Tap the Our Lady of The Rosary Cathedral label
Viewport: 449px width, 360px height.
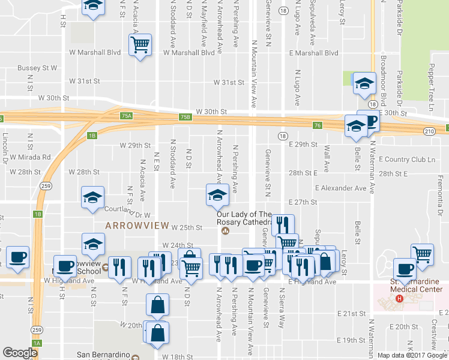(244, 218)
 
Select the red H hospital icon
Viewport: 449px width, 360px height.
(399, 298)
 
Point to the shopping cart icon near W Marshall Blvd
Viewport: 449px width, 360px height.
(140, 45)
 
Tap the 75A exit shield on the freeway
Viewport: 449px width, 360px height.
(125, 115)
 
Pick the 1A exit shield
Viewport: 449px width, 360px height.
(38, 343)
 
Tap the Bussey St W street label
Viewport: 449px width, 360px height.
(37, 68)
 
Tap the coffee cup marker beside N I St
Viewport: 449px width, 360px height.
(16, 257)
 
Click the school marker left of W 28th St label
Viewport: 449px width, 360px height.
(93, 198)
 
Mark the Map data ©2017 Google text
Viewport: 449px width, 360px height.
(411, 355)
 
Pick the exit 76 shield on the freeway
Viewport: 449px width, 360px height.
(317, 125)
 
